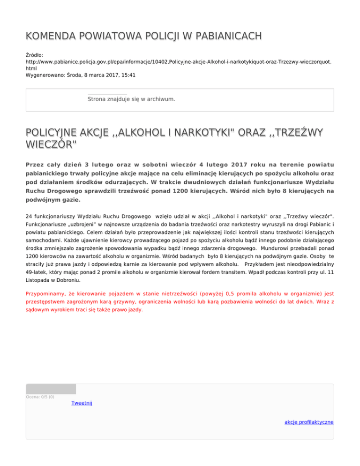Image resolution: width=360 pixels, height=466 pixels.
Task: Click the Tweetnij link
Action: [x=81, y=403]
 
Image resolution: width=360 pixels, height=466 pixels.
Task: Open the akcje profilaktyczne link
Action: [x=309, y=422]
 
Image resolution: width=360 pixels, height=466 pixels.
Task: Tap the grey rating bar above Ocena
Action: [x=51, y=389]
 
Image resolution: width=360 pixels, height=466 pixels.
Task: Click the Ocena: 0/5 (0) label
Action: [x=40, y=397]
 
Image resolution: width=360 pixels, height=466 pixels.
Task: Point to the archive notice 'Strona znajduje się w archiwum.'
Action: [x=131, y=99]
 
